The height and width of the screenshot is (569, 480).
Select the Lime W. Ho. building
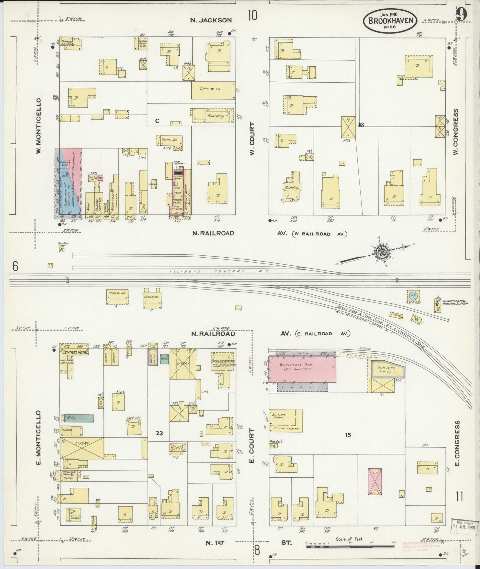tap(213, 90)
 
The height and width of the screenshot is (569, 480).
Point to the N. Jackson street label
tap(211, 20)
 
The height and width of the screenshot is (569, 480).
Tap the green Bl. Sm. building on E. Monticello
tap(76, 418)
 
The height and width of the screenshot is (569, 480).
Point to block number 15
tap(347, 435)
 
